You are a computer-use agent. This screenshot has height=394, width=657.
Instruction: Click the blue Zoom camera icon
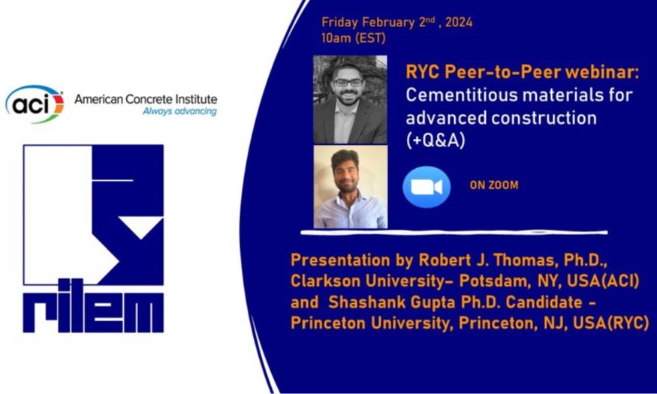(x=426, y=187)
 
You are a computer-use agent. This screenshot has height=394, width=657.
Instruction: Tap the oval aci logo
(x=35, y=104)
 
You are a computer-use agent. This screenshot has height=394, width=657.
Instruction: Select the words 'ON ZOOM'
(x=494, y=185)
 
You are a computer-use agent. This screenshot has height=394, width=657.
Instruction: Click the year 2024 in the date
(x=459, y=23)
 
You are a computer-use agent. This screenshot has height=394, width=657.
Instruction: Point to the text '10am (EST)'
(x=353, y=38)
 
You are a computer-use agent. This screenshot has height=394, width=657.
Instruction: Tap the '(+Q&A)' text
(x=435, y=140)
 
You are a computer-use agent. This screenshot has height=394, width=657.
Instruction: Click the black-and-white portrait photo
(x=350, y=99)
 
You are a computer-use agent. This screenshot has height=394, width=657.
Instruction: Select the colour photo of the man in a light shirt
(x=351, y=187)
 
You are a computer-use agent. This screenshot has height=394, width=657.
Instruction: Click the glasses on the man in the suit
(x=348, y=83)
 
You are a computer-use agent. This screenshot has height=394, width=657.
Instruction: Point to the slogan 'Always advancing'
(x=179, y=111)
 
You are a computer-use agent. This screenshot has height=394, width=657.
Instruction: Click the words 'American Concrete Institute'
(x=146, y=99)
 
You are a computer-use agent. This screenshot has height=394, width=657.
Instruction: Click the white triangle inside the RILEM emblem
(x=140, y=226)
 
